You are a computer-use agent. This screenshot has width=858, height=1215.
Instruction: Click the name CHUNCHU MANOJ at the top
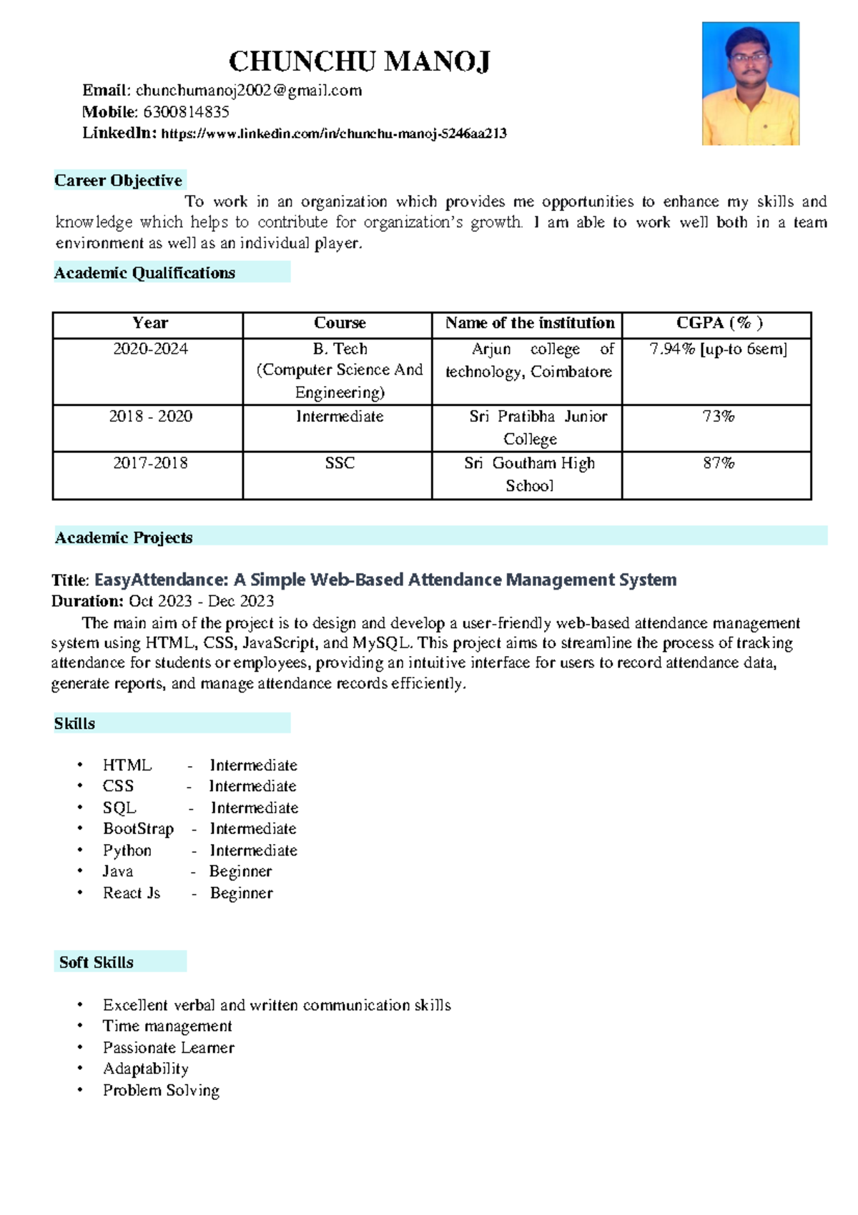pyautogui.click(x=359, y=61)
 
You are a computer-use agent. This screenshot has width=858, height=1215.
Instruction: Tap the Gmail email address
pyautogui.click(x=249, y=91)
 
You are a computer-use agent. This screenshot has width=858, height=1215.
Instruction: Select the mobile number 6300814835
pyautogui.click(x=186, y=112)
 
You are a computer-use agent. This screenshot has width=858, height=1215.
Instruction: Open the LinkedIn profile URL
pyautogui.click(x=334, y=134)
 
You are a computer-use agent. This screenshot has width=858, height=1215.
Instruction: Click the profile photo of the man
pyautogui.click(x=750, y=84)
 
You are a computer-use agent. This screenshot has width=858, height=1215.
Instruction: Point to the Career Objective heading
pyautogui.click(x=119, y=180)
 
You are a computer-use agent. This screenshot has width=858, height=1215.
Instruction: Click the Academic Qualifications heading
pyautogui.click(x=144, y=273)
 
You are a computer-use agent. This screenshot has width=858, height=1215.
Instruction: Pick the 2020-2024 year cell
pyautogui.click(x=150, y=349)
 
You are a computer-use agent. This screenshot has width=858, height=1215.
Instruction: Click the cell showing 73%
pyautogui.click(x=718, y=417)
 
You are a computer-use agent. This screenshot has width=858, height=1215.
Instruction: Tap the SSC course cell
pyautogui.click(x=340, y=463)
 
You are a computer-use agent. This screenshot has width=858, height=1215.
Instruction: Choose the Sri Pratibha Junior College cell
pyautogui.click(x=529, y=427)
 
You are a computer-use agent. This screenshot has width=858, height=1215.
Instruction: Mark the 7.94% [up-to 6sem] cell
pyautogui.click(x=718, y=349)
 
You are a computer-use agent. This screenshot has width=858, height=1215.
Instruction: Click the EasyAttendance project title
pyautogui.click(x=385, y=580)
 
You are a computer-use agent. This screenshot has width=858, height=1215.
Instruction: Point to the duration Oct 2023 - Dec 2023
pyautogui.click(x=201, y=601)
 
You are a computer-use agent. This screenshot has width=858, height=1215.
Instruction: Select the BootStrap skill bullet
pyautogui.click(x=138, y=829)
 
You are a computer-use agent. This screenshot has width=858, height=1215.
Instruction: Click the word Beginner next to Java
pyautogui.click(x=240, y=871)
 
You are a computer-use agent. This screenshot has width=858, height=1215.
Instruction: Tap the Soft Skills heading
pyautogui.click(x=97, y=962)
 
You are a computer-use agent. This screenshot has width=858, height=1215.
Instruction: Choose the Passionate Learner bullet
pyautogui.click(x=169, y=1048)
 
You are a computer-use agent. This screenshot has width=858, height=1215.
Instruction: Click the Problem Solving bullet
pyautogui.click(x=161, y=1091)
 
